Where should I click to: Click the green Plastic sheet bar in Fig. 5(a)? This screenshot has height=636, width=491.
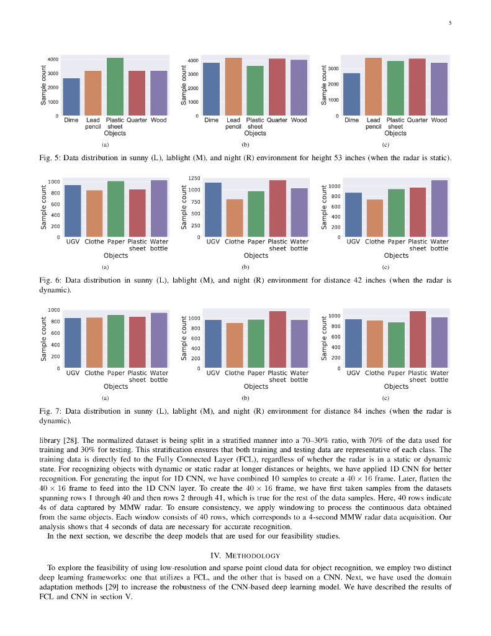(115, 86)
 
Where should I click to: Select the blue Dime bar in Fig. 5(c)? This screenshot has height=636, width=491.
(351, 94)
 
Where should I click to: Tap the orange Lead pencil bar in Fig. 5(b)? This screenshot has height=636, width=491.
(233, 86)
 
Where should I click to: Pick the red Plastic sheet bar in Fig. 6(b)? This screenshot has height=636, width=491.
(277, 209)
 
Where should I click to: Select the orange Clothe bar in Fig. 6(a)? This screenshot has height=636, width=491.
(94, 214)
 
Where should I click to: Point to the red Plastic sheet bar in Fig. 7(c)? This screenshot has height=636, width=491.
(418, 340)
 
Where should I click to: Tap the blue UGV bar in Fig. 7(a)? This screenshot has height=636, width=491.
(73, 343)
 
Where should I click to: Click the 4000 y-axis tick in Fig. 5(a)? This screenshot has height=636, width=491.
(53, 60)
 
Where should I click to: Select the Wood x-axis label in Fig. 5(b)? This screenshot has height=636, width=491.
(299, 120)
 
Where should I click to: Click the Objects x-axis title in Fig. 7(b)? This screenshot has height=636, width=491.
(256, 387)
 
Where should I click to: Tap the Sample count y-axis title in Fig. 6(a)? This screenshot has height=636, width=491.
(43, 207)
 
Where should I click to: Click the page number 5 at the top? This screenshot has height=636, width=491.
(449, 24)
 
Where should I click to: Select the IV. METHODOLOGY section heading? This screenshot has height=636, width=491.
(245, 555)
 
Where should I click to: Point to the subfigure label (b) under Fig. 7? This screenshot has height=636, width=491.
(245, 397)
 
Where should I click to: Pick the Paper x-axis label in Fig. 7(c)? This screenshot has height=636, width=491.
(396, 373)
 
